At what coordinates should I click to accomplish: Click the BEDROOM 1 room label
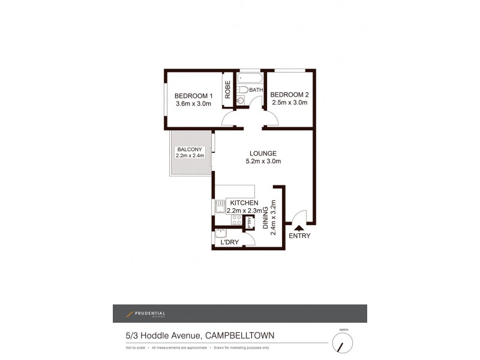[193, 96]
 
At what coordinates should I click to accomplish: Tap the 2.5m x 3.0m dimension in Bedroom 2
[289, 103]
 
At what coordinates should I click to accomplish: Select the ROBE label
[228, 89]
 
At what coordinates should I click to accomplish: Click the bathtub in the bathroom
[250, 79]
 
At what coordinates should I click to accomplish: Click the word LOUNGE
[263, 152]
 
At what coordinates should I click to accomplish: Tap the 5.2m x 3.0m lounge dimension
[263, 161]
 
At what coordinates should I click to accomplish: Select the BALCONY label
[190, 149]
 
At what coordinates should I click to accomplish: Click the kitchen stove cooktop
[236, 220]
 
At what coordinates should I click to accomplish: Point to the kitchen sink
[220, 207]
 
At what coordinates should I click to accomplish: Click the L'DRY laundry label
[230, 242]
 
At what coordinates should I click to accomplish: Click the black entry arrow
[299, 226]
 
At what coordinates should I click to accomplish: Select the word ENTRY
[299, 236]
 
